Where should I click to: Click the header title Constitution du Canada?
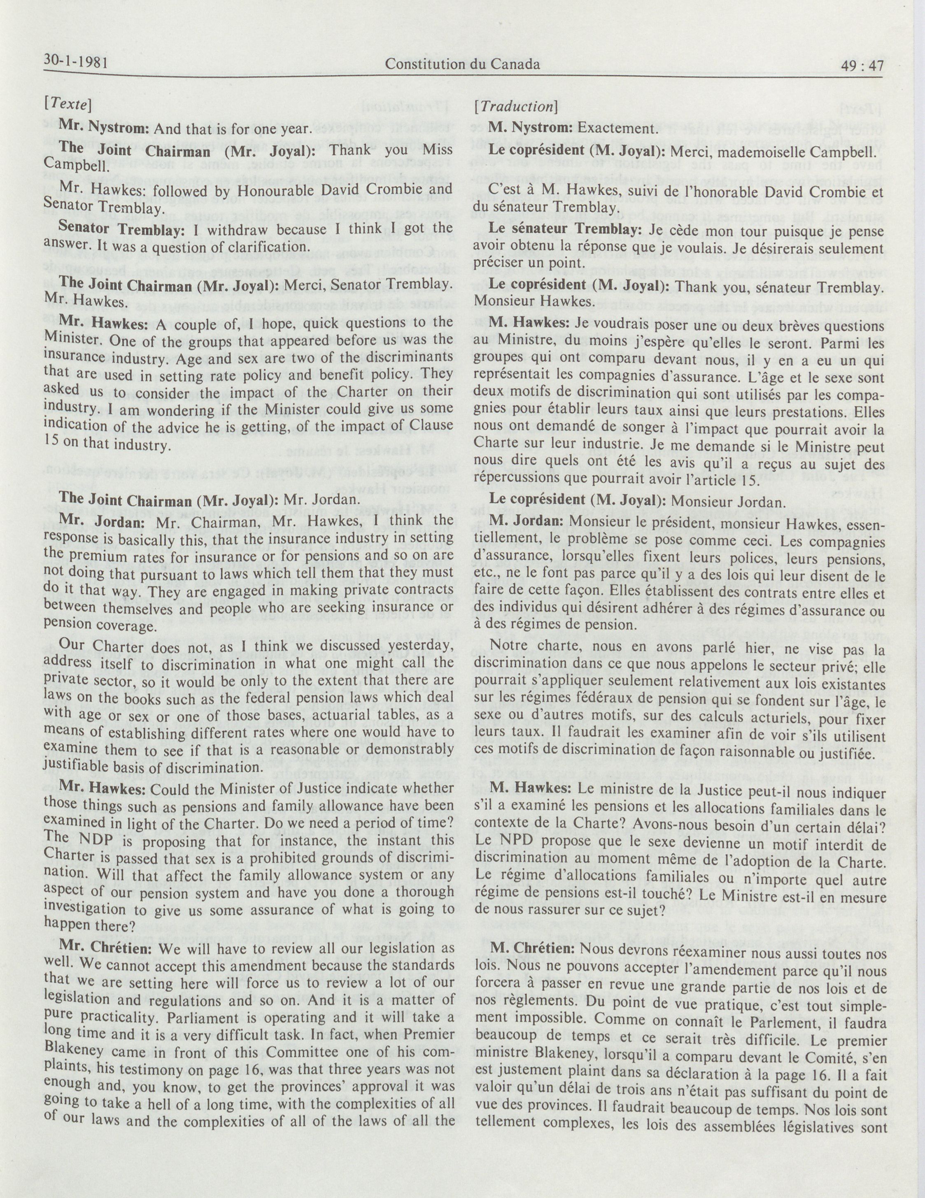pyautogui.click(x=462, y=64)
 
